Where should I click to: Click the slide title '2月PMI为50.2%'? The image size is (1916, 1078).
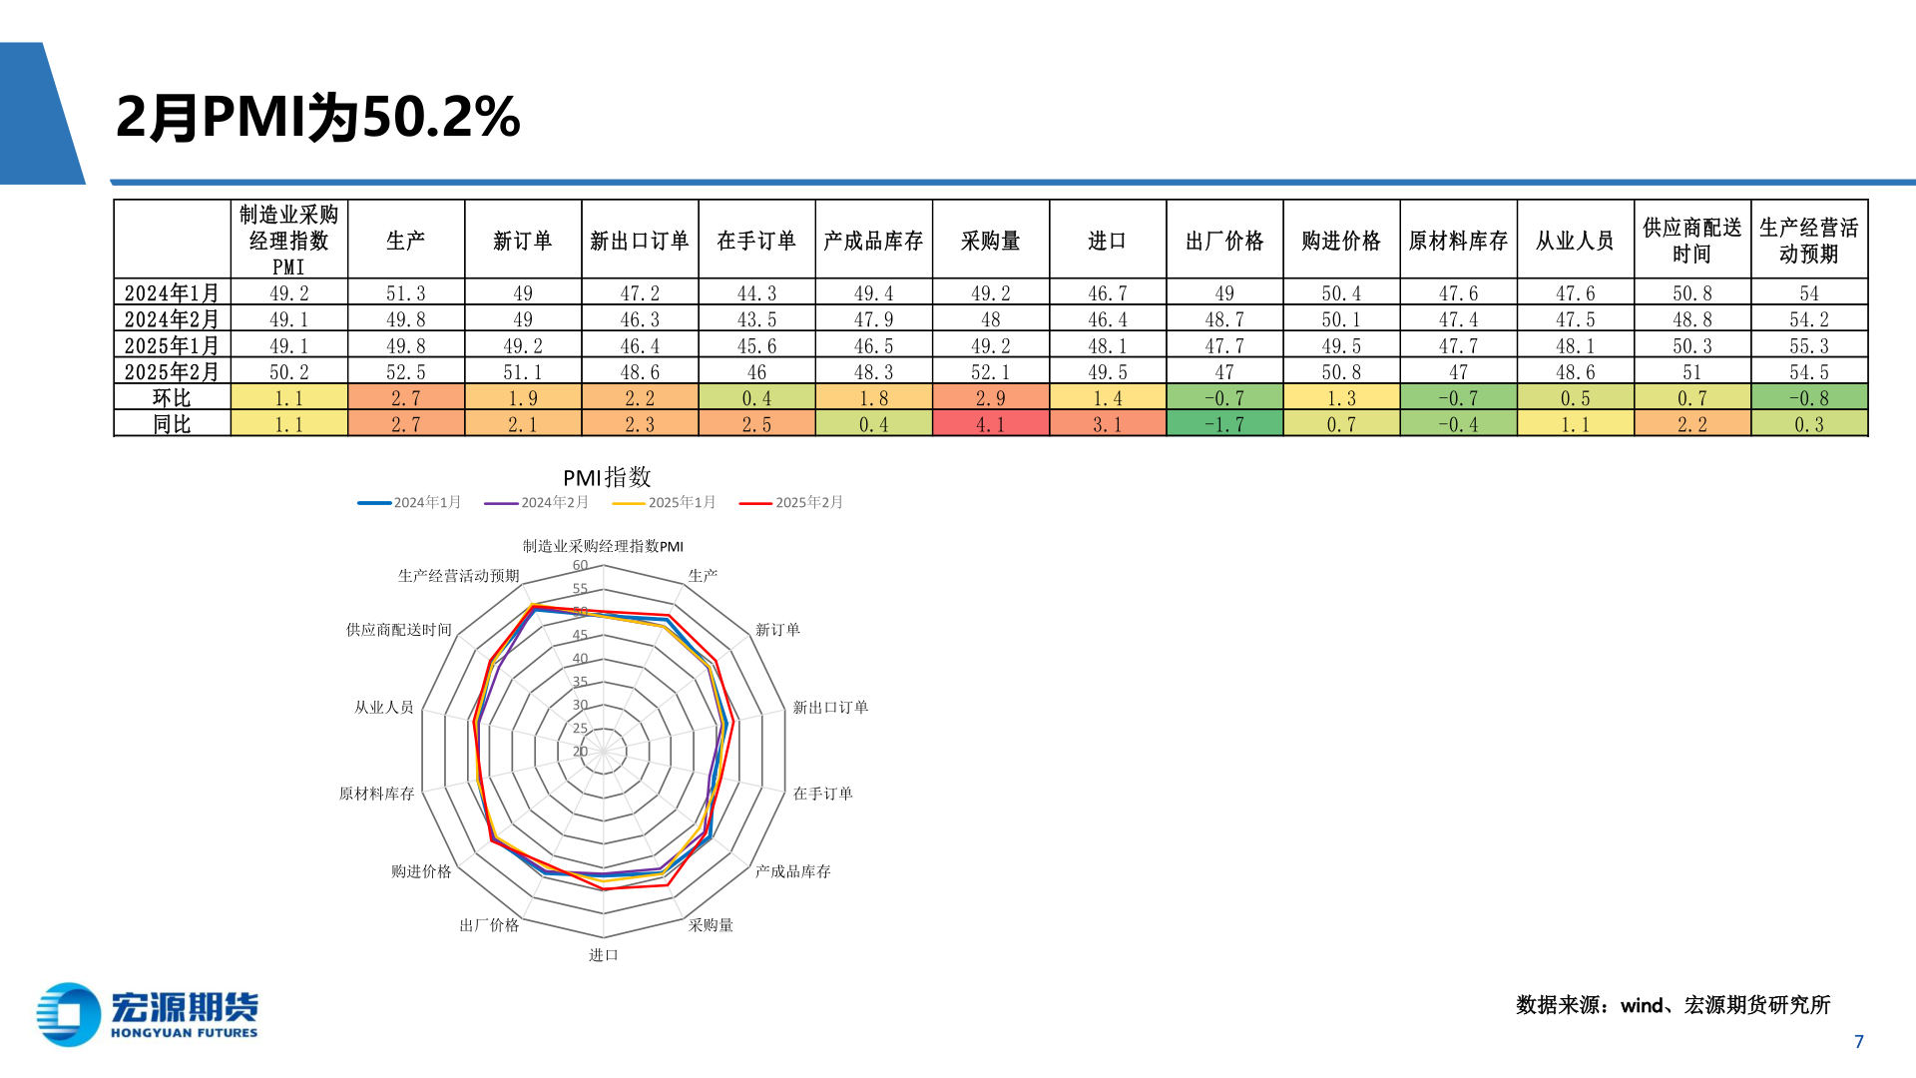click(317, 117)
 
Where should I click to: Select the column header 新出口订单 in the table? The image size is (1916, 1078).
click(639, 241)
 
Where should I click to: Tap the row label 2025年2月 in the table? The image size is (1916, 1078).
click(172, 372)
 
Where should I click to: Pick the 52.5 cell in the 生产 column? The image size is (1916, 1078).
click(405, 372)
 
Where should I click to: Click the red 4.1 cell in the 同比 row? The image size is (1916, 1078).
click(990, 424)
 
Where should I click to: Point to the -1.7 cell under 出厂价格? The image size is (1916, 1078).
click(1223, 424)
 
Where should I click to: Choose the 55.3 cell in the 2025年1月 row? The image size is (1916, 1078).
click(1808, 346)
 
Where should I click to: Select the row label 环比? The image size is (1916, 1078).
click(172, 398)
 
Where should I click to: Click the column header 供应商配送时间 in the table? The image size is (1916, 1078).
click(1691, 241)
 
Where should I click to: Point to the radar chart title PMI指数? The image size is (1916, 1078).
click(606, 477)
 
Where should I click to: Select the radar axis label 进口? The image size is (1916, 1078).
click(603, 955)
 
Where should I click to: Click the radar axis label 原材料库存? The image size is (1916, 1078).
click(376, 794)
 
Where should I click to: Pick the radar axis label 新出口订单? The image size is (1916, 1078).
click(830, 708)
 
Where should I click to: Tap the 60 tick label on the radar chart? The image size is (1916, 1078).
click(580, 566)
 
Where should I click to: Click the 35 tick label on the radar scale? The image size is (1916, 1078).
click(580, 682)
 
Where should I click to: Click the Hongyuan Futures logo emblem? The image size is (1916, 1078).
click(68, 1015)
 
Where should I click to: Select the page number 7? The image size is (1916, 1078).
click(1858, 1042)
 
